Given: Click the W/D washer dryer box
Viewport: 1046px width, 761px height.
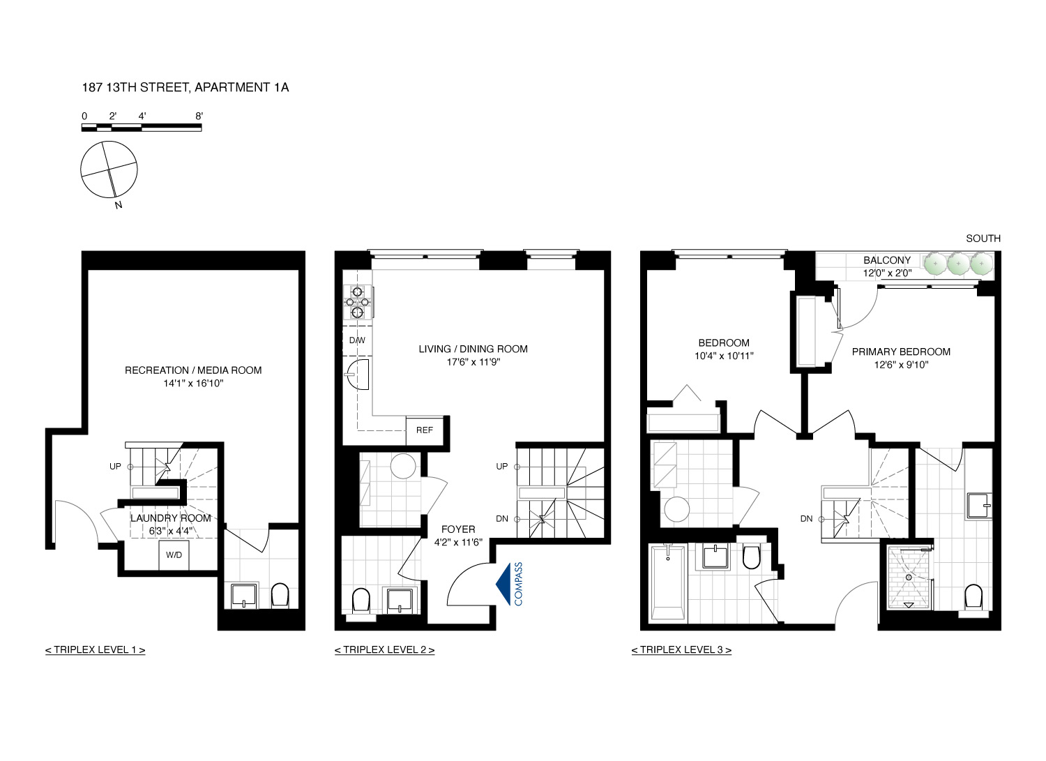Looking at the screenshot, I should coord(174,555).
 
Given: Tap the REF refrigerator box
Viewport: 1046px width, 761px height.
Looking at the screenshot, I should coord(424,430).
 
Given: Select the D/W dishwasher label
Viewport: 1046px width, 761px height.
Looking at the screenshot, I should coord(357,340).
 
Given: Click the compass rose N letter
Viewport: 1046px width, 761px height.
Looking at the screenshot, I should coord(119,205).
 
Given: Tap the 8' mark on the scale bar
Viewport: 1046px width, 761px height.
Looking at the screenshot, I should coord(199,116).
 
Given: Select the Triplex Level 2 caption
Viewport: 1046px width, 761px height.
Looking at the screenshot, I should coord(384,650).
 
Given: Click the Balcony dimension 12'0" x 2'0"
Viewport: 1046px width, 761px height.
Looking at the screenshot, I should coord(887,273).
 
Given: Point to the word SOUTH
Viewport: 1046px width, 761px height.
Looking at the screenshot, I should coord(983,239).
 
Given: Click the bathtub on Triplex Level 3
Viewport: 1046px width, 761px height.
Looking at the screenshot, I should coord(667,583).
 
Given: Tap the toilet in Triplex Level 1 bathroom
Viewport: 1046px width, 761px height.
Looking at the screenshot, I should coord(279,596).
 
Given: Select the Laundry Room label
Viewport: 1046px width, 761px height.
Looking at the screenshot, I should coord(170,518).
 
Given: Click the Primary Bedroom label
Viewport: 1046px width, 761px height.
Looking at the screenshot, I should coord(901,352).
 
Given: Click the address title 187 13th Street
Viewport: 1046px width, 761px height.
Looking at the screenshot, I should coord(185,87).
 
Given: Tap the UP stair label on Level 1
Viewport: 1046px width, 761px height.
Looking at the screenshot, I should coord(115,467).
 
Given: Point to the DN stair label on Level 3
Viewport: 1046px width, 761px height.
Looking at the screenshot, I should coord(806,519).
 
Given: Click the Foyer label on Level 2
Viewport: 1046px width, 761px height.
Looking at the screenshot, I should coord(457,529).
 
